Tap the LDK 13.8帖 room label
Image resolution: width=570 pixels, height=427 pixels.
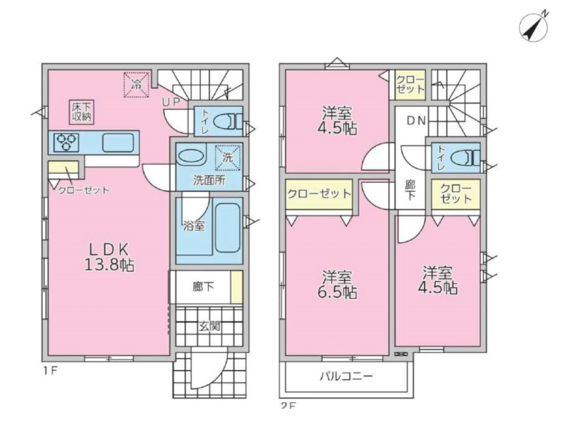[110, 257]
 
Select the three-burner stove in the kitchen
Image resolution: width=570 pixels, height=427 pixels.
[66, 142]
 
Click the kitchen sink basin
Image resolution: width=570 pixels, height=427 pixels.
[118, 142]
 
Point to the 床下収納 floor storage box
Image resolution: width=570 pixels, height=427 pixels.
[82, 112]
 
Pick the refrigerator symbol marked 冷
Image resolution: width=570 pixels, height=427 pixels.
[137, 85]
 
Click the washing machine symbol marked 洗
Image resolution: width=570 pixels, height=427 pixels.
[228, 157]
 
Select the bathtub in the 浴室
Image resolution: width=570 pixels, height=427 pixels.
[227, 228]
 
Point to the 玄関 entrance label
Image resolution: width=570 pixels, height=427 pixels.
[209, 327]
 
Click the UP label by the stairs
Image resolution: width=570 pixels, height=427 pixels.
[171, 102]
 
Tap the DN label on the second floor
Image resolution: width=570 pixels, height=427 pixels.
[416, 120]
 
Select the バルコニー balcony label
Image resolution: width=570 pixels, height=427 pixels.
[346, 376]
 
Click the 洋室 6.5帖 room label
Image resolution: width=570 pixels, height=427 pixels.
[337, 284]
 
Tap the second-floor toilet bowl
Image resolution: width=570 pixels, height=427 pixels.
[465, 158]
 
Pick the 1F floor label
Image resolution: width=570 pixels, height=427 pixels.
[50, 371]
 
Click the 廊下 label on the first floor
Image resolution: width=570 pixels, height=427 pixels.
[203, 287]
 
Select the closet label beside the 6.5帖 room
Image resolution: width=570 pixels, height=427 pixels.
[319, 194]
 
